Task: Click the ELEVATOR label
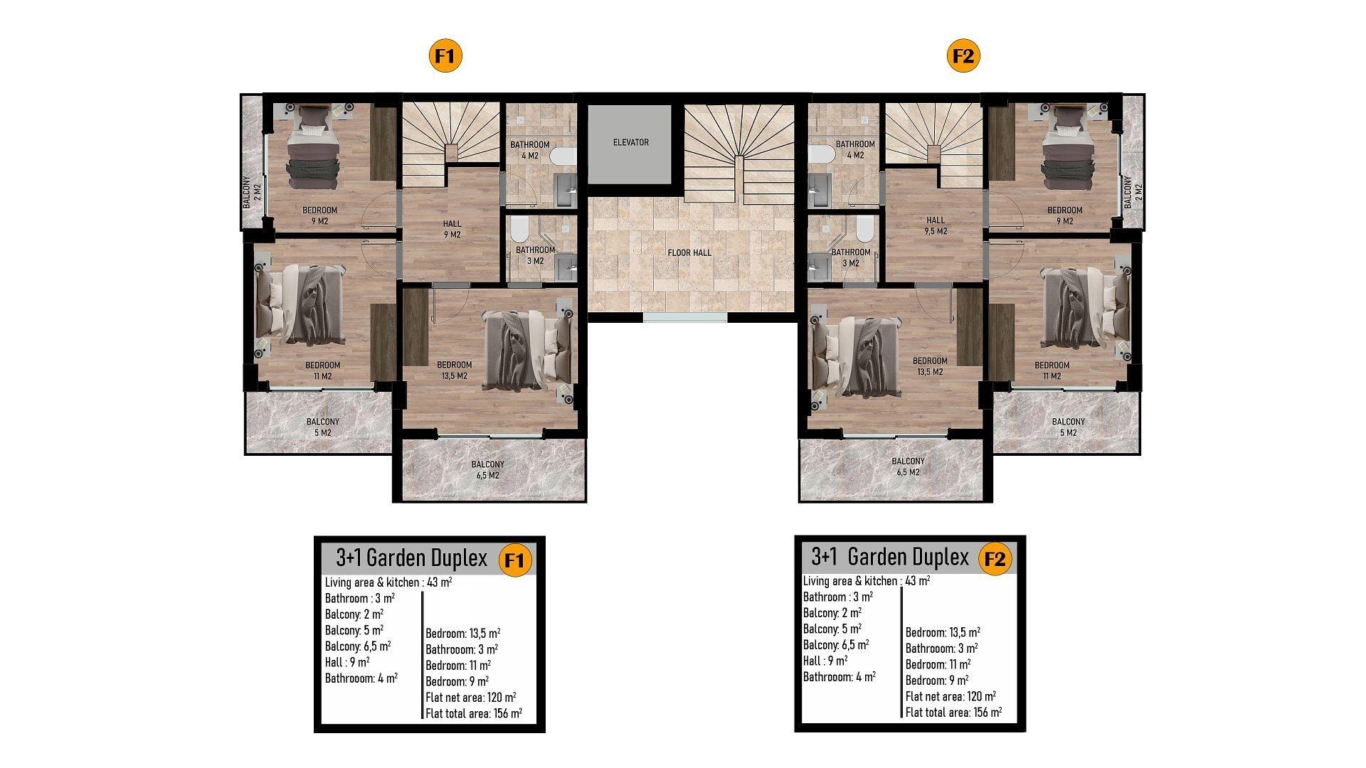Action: [x=630, y=142]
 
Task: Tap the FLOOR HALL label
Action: [x=689, y=252]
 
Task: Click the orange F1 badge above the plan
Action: [x=445, y=56]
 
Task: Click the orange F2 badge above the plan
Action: [x=963, y=56]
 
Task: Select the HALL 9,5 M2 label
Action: [x=936, y=225]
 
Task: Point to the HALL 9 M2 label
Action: [x=452, y=229]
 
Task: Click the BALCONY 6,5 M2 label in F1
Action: [x=487, y=470]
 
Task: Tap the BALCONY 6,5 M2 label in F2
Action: [x=908, y=466]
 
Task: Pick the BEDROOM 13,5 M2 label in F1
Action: [x=454, y=370]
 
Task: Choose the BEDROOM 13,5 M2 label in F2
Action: [x=930, y=366]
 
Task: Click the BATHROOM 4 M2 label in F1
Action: [x=529, y=150]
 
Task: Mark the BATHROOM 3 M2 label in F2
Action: [x=851, y=257]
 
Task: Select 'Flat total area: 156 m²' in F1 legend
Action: [x=474, y=713]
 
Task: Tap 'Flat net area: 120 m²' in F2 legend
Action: [x=951, y=696]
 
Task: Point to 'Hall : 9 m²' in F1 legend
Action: [x=347, y=662]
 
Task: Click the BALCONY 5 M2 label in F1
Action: [x=322, y=427]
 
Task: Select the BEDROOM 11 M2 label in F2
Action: [x=1052, y=370]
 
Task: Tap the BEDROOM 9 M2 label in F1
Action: [x=319, y=215]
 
